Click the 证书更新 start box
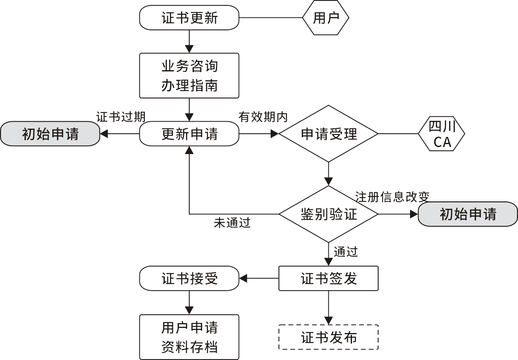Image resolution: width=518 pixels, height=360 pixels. point(189,18)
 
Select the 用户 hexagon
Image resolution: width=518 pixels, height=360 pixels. point(325,18)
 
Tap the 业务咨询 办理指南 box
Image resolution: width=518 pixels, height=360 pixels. point(189,76)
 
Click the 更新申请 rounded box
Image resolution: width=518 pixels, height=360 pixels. point(189,134)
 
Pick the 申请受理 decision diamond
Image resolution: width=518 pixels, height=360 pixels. point(328,134)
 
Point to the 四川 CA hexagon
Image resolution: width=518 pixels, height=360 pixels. point(442,134)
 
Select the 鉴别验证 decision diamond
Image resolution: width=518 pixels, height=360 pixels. point(328,214)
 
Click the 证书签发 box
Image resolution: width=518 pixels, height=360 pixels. point(328,278)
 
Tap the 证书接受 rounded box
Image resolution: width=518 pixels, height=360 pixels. point(189,278)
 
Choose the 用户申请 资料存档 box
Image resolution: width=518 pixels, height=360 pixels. point(189,337)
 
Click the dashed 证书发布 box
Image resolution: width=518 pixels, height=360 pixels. point(328,337)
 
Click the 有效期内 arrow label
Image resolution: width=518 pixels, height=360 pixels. point(263,117)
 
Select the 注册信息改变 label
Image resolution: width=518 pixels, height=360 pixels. point(392,196)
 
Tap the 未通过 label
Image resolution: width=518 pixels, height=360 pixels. point(232,223)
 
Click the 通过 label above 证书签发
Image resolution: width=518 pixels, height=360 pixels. point(345,252)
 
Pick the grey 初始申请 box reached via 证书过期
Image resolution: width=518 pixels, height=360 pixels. point(50,134)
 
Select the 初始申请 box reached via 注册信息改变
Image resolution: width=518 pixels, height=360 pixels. point(468,214)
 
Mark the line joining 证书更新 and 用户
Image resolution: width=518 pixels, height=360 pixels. point(271,18)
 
